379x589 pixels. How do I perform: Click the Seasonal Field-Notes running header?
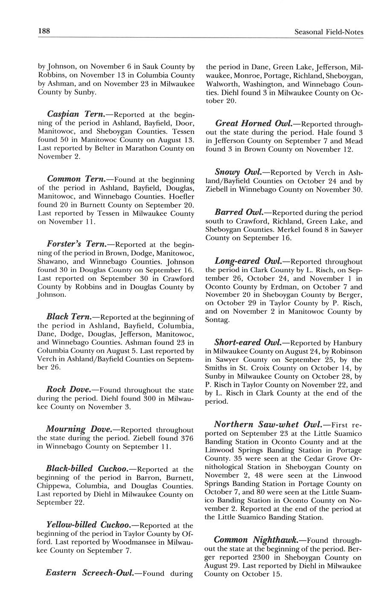329,32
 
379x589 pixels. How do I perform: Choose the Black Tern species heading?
68,317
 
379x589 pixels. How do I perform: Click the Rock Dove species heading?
68,390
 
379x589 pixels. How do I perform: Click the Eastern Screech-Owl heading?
90,573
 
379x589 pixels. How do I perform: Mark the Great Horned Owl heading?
254,123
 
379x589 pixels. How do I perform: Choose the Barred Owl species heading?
237,212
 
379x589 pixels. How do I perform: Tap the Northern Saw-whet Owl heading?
268,425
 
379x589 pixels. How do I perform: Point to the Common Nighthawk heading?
256,539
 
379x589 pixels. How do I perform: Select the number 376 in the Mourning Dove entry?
182,438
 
